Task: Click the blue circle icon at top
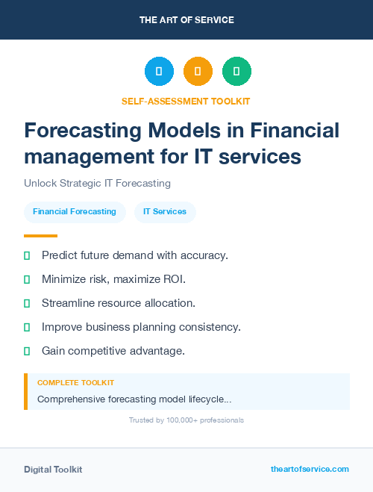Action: coord(159,72)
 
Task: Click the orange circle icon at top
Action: coord(198,72)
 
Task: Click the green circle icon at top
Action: coord(236,72)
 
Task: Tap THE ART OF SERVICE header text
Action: coord(186,20)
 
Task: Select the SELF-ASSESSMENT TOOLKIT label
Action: coord(186,101)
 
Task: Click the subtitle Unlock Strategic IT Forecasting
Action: coord(97,183)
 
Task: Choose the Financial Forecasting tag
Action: coord(75,211)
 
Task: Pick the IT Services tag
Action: coord(165,211)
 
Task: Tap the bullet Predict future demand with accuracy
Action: coord(134,255)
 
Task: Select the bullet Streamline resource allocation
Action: coord(118,303)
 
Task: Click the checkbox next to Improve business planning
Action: coord(27,327)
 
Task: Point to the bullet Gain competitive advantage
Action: coord(113,350)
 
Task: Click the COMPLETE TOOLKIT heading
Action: coord(75,382)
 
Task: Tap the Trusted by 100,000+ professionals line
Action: coord(186,420)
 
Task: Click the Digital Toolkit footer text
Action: coord(53,469)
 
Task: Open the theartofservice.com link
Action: coord(310,469)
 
